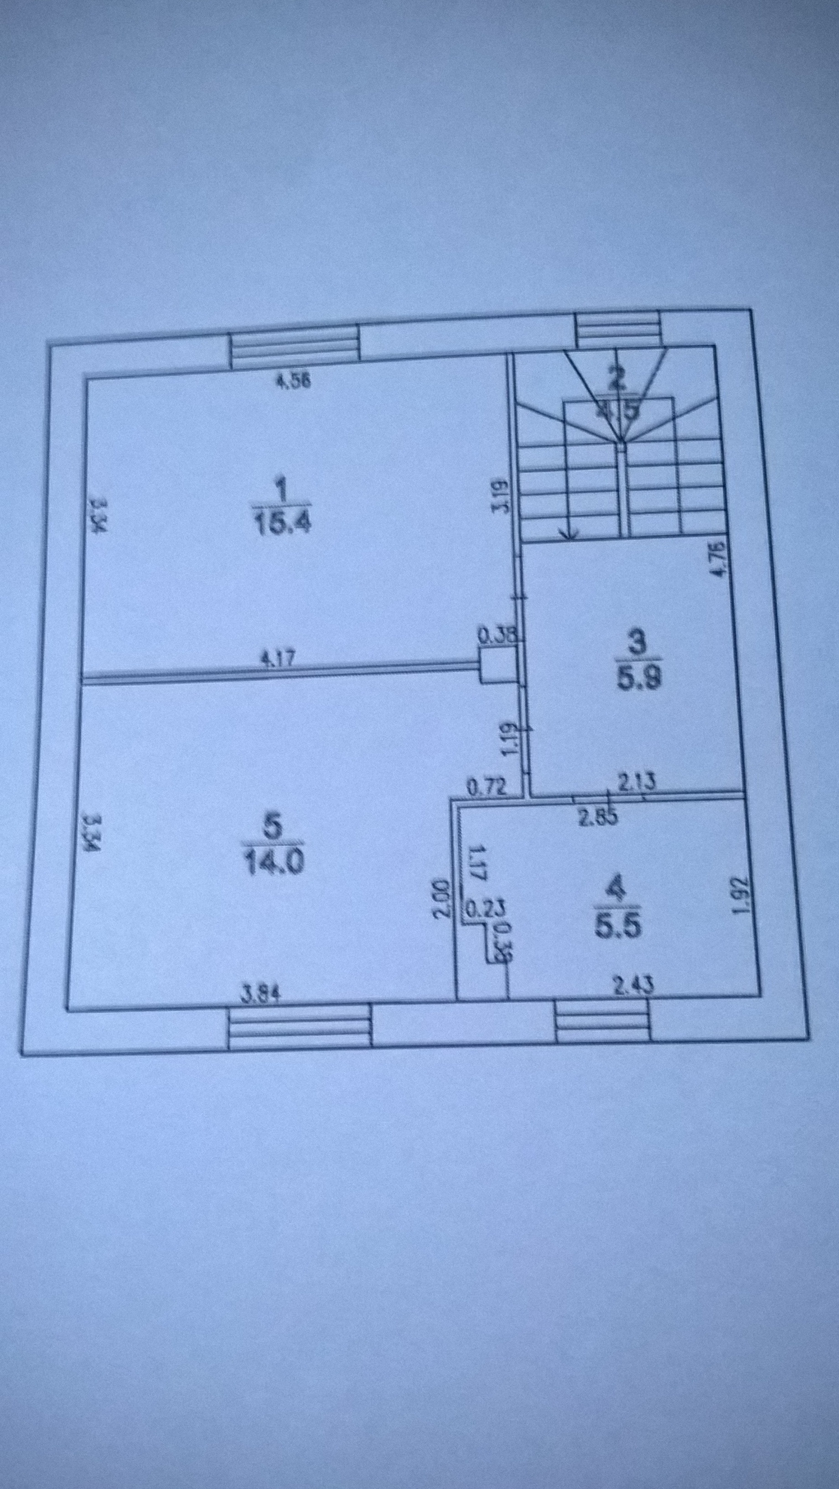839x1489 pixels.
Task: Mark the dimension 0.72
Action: pos(487,786)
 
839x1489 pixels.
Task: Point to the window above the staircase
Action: pos(618,329)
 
